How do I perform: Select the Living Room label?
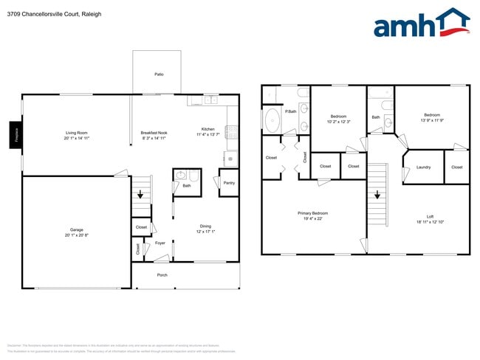pos(77,135)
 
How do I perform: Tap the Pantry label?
pos(229,182)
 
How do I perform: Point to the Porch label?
pos(162,275)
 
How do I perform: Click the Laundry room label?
pos(423,167)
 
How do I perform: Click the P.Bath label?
pos(292,111)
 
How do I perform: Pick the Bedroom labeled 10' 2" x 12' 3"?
pos(338,119)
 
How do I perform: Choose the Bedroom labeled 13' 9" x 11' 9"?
pos(432,117)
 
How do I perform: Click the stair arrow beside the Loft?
pos(377,195)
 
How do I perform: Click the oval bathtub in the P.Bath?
pos(272,120)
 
